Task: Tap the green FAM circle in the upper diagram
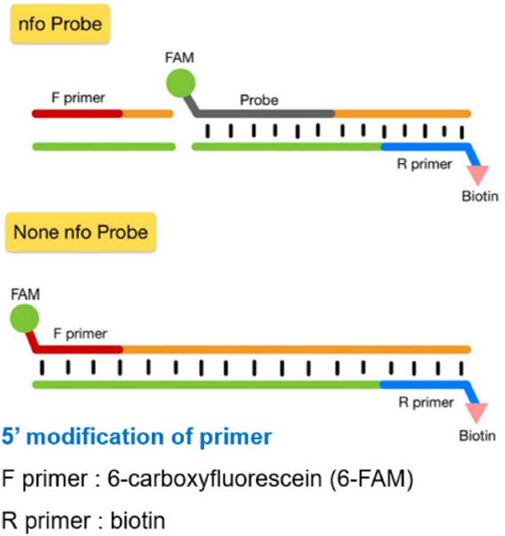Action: [x=181, y=86]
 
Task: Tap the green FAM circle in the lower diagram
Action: [x=24, y=316]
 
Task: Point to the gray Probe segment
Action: [x=267, y=114]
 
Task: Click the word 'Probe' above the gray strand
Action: [x=259, y=100]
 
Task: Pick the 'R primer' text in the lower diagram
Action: [x=422, y=401]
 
